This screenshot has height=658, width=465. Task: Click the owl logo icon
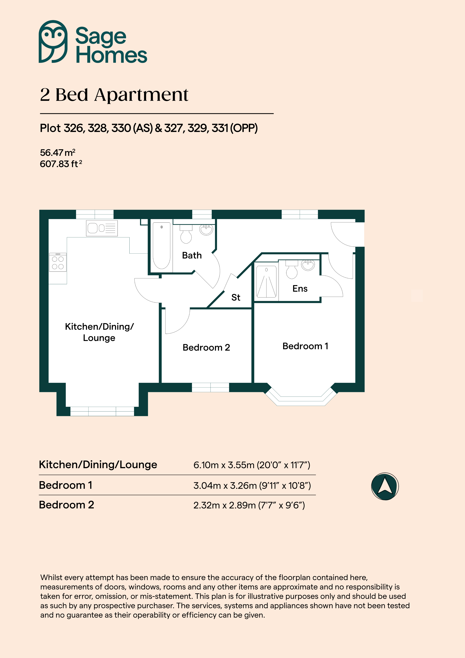[53, 42]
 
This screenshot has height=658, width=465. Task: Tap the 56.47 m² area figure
[57, 152]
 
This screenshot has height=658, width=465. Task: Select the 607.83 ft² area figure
[61, 164]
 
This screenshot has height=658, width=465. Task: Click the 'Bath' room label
[192, 255]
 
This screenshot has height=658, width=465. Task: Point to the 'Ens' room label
[300, 289]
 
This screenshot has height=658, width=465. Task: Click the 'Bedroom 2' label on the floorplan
[206, 347]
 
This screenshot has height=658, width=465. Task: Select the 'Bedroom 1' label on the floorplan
[305, 346]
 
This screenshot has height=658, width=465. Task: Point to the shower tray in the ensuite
[266, 281]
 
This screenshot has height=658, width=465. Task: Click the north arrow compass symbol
[385, 486]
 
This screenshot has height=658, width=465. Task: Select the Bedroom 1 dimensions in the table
[252, 485]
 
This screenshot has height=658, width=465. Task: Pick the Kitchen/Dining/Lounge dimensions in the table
[252, 465]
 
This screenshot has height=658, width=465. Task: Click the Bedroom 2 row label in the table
[67, 505]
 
